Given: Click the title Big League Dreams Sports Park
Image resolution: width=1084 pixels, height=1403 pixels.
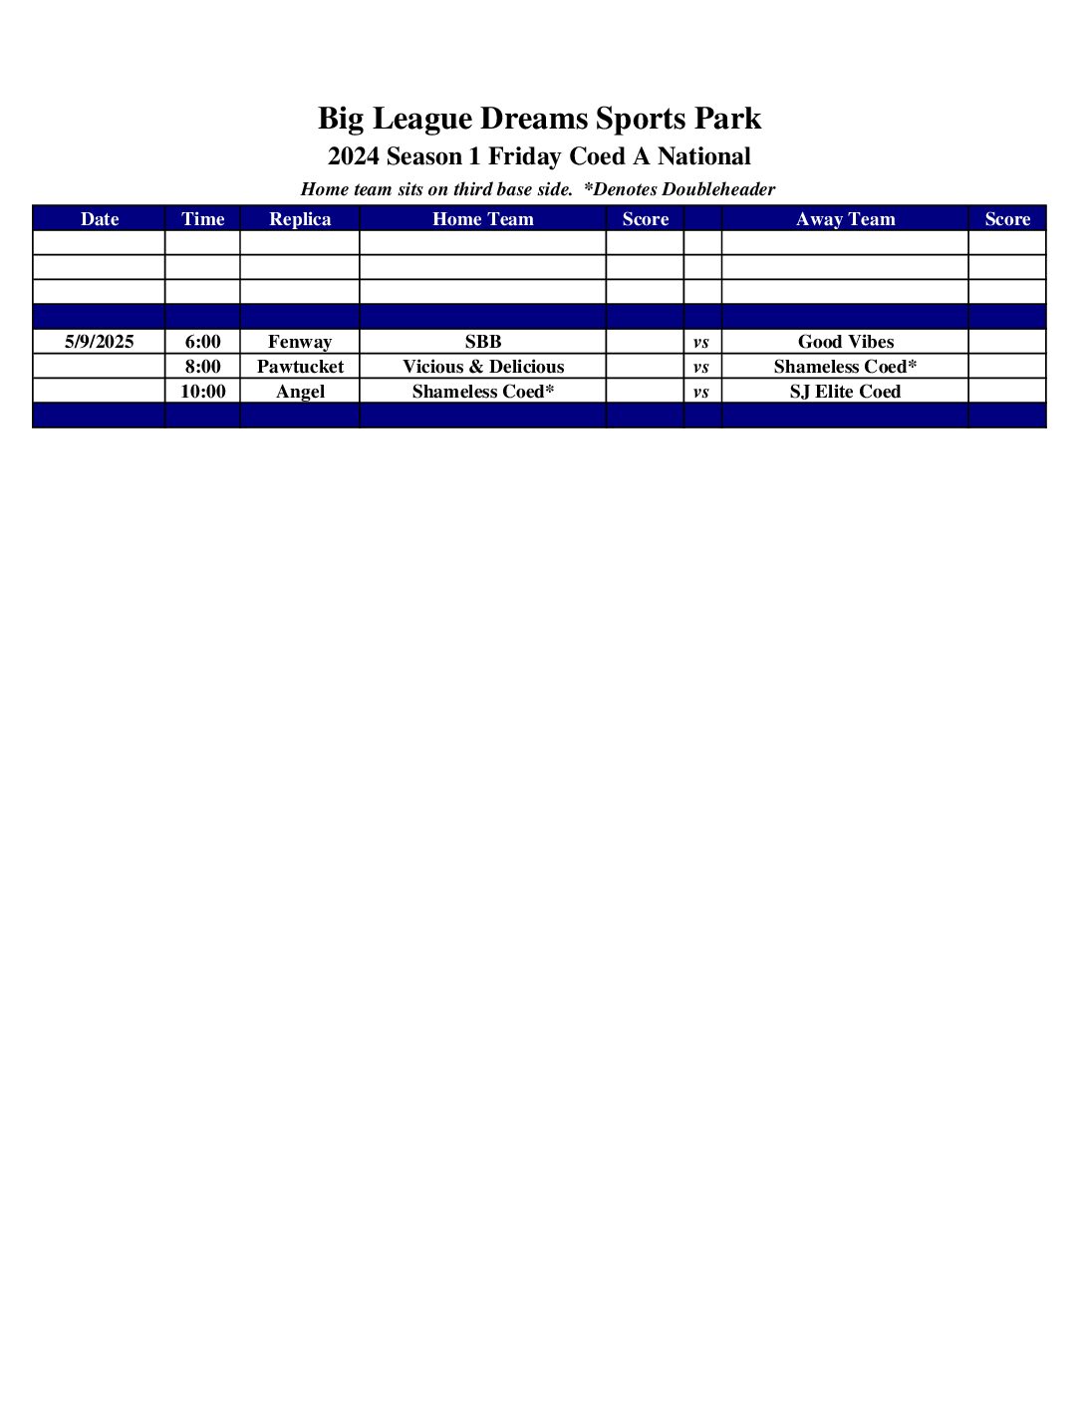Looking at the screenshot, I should coord(539,119).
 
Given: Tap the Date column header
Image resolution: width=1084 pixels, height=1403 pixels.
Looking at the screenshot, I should coord(99,219).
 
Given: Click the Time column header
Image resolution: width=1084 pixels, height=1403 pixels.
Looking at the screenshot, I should coord(202,219).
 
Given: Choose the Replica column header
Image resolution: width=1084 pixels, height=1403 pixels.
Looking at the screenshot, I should coord(300,219).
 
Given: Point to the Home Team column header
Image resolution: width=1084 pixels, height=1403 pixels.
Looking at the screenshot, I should coord(482,219).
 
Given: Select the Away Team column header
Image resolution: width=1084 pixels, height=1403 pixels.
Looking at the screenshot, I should coord(845,219).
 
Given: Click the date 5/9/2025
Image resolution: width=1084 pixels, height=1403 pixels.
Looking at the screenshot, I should coord(99,342).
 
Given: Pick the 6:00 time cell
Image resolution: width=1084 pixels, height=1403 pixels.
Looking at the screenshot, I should coord(202,342).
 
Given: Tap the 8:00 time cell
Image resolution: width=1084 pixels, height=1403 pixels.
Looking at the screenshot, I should coord(202,367).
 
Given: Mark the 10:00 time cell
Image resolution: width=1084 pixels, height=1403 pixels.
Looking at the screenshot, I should coord(202,392).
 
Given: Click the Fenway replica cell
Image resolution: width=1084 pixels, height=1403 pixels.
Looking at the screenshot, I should coord(300,342).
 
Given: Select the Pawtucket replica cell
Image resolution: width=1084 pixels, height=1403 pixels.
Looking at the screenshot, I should coord(300,367).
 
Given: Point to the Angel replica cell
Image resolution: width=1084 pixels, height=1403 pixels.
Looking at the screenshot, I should coord(300,392).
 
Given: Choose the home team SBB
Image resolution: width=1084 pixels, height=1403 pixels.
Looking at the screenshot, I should coord(482,342).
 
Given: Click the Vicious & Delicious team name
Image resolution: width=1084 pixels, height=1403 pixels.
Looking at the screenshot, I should coord(482,367).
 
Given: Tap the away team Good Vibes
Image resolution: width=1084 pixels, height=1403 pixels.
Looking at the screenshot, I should coord(845,342).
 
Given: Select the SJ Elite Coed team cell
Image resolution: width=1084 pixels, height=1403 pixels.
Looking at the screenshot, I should coord(845,392).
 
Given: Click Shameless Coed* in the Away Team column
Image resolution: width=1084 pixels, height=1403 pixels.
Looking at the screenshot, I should coord(845,367).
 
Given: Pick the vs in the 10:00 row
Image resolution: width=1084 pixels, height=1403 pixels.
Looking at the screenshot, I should coord(701,393).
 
